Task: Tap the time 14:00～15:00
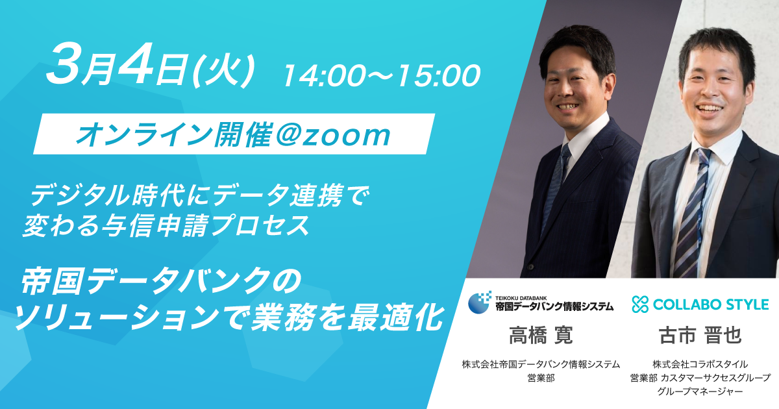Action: point(381,75)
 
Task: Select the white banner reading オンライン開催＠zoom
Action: point(234,135)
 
